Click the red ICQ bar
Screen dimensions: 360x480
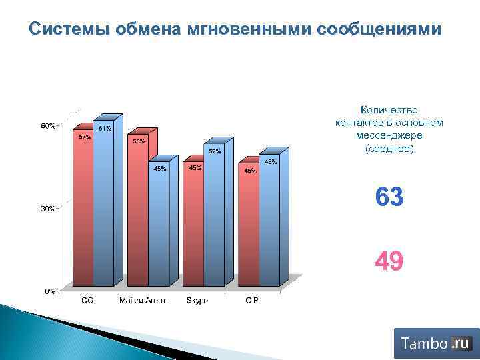(83, 213)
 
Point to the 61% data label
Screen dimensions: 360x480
(105, 128)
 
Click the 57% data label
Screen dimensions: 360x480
(85, 137)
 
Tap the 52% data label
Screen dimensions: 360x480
(215, 151)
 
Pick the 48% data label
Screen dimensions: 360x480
(271, 161)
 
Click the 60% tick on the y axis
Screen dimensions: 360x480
(48, 125)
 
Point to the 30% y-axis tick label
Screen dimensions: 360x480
(48, 209)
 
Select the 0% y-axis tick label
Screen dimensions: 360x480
(49, 291)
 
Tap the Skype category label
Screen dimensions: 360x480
(197, 301)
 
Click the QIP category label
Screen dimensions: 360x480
(252, 301)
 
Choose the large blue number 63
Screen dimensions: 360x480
(389, 197)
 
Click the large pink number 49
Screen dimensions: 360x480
(389, 262)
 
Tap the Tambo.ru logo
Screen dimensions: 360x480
(436, 343)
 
